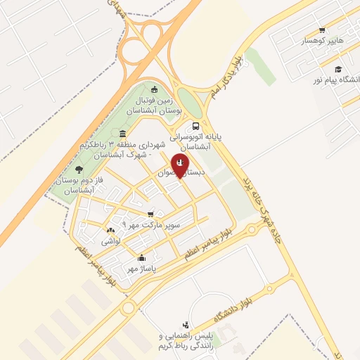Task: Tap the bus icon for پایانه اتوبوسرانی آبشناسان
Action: point(195,126)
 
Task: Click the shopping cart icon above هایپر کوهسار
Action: point(322,30)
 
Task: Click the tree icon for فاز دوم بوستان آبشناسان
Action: point(78,169)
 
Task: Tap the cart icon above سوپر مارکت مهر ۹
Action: point(150,214)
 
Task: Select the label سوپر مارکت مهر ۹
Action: point(151,226)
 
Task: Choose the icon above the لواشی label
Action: point(110,230)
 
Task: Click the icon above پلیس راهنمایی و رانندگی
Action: point(186,324)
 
